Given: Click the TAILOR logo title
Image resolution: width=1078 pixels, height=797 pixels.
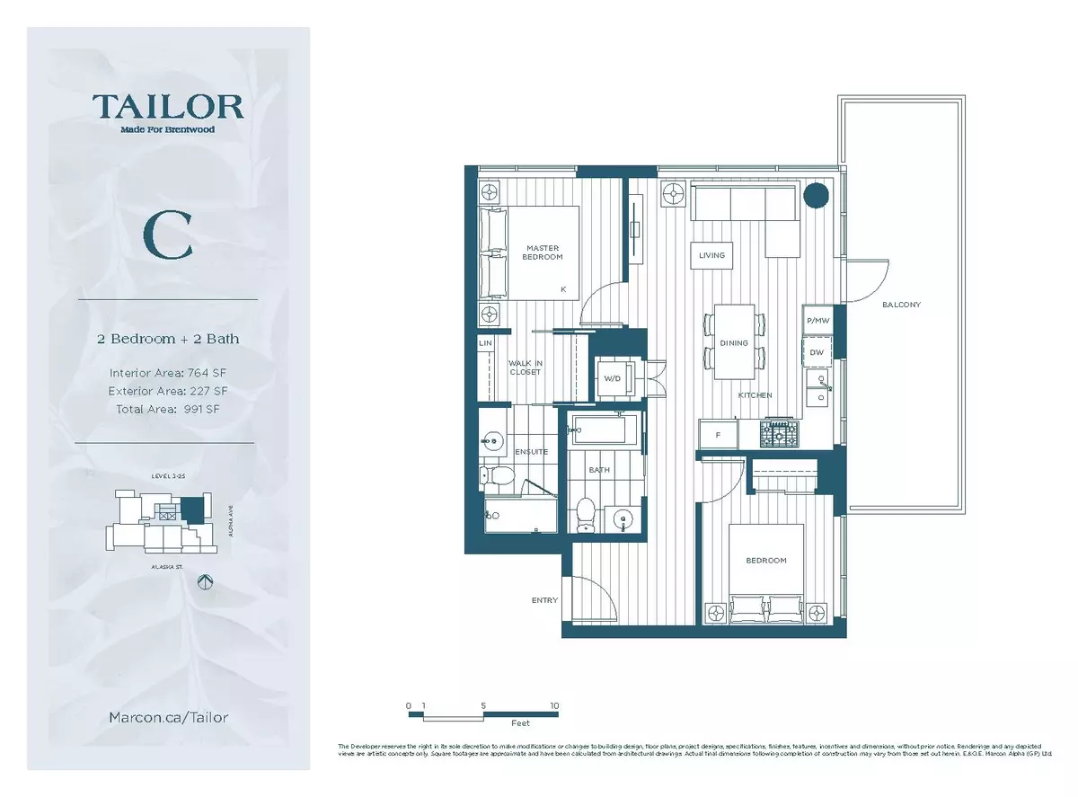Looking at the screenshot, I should coord(168,107).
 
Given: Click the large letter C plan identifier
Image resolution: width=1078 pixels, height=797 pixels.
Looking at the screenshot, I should coord(168,235).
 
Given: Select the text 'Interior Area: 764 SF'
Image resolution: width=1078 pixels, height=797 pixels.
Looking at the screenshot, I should coord(168,372).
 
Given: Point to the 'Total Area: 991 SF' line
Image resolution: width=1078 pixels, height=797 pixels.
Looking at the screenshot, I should coord(168,409).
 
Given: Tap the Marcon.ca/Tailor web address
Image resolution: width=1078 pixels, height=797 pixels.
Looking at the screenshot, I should coord(168,717).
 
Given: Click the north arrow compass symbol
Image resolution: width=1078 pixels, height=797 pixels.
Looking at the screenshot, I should coord(204,582).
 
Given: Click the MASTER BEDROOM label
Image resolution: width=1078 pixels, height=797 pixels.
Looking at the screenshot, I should coord(543,252).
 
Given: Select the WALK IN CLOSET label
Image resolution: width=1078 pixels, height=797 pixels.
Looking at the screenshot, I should coord(526,367).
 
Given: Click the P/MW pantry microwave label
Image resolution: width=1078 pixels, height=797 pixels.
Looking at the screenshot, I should coord(817,320).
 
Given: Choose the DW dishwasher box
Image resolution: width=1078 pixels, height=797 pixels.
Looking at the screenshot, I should coord(817,352).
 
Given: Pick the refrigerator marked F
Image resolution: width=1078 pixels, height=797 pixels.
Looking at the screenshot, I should coord(719,435).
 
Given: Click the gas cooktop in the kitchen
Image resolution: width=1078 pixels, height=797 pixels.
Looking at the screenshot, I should coord(779,435).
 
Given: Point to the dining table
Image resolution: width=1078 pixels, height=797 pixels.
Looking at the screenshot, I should coord(734,342).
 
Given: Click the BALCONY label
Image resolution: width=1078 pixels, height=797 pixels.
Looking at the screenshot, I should coord(901,305).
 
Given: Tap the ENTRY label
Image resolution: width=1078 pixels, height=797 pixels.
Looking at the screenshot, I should coord(544,600).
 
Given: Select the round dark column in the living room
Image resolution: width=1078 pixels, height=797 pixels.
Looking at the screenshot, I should coord(816,195).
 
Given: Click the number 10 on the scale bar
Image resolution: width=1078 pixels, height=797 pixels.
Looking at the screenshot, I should coord(553,706).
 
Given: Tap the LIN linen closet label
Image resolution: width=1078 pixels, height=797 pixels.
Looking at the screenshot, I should coord(485,343).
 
